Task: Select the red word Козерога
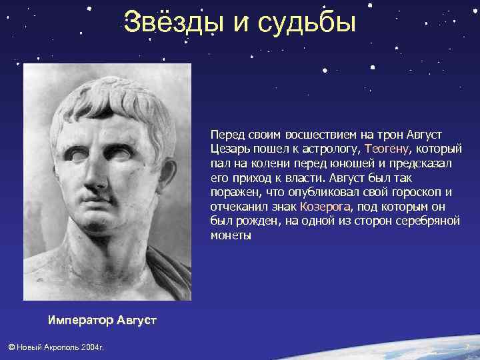pyautogui.click(x=327, y=207)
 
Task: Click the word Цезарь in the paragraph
pyautogui.click(x=229, y=148)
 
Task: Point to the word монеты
pyautogui.click(x=231, y=236)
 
